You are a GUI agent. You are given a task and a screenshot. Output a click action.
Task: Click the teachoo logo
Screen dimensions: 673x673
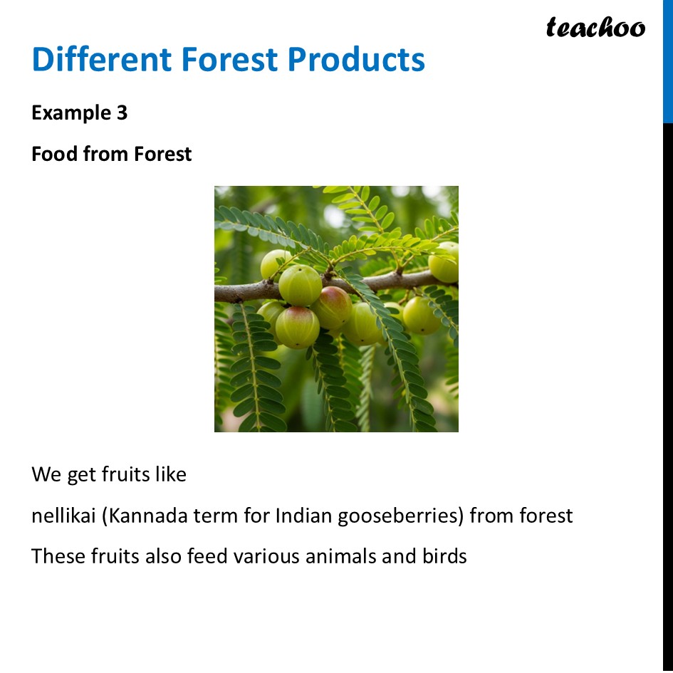click(x=595, y=28)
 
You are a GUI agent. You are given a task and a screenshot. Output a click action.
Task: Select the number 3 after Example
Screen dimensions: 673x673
click(x=122, y=113)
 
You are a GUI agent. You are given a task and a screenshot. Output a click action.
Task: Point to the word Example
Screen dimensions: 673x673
click(x=68, y=113)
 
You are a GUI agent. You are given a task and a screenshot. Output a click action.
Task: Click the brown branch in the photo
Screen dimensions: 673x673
click(x=242, y=291)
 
